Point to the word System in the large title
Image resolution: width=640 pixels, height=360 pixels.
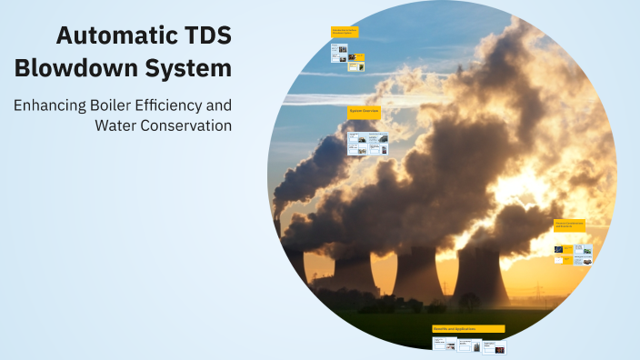click(193, 68)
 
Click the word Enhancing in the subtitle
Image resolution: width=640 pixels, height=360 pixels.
click(50, 105)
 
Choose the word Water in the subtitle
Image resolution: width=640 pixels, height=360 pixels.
click(115, 125)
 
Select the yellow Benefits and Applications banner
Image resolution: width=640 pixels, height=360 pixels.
click(468, 328)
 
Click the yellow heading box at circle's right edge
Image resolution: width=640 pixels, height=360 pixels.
click(570, 225)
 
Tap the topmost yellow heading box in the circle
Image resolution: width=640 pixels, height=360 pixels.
click(345, 32)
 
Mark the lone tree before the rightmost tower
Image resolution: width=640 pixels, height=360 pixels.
click(469, 299)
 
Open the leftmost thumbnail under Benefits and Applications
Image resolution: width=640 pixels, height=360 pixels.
click(445, 345)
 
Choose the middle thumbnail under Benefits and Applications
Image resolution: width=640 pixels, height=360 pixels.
click(470, 345)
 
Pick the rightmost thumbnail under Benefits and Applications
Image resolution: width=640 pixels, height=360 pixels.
click(495, 346)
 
